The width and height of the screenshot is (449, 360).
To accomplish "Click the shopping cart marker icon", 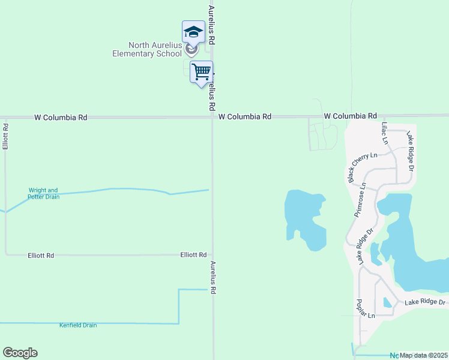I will click(202, 73).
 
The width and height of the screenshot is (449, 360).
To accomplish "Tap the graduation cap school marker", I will click(193, 32).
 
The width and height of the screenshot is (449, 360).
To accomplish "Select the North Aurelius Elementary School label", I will click(147, 50).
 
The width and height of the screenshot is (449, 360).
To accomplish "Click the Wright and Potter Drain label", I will click(44, 194).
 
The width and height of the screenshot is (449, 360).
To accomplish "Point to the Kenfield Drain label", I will click(78, 325).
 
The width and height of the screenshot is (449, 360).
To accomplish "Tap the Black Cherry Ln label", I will click(363, 164).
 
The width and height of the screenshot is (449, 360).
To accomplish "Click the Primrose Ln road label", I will click(360, 200).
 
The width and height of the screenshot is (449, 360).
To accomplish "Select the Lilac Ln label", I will click(385, 133).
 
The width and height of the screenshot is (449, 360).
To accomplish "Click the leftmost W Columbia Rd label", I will click(61, 118).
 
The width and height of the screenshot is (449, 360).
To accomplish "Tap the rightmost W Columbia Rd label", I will click(350, 115).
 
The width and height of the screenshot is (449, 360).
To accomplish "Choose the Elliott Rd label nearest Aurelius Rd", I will click(193, 255).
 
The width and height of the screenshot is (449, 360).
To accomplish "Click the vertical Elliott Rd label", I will click(5, 137).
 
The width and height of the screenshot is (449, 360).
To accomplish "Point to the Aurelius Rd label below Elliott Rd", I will click(212, 277).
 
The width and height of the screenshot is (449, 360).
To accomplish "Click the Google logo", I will click(20, 353).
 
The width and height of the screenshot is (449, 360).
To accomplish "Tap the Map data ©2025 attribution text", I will click(424, 355).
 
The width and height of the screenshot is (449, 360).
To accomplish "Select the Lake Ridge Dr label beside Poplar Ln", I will click(424, 302).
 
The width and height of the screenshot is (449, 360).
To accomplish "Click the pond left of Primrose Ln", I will click(306, 218).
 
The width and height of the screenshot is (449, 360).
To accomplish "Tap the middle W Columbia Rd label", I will click(245, 116).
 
